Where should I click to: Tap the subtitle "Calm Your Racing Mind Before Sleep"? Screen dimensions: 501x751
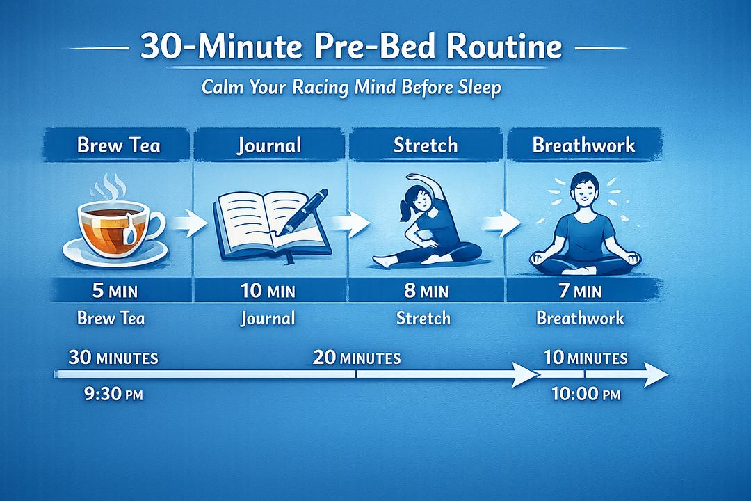pos(350,89)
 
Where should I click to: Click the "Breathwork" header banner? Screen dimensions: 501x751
pos(583,145)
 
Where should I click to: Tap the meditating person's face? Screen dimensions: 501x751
pos(583,190)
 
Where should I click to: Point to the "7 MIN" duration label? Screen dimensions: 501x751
pos(581,290)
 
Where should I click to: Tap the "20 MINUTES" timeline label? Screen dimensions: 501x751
pos(356,358)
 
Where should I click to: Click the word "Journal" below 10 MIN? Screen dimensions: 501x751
pos(268,319)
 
